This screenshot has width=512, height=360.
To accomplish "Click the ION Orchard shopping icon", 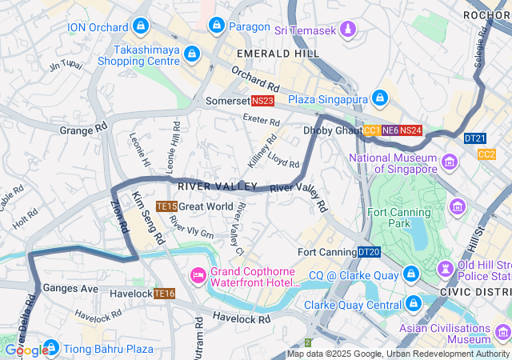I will coord(141,26).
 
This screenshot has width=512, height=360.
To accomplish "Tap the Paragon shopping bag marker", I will coord(215,26).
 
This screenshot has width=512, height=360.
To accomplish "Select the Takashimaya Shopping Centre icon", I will coord(191,54).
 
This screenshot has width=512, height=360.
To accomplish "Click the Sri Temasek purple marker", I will coord(346,30).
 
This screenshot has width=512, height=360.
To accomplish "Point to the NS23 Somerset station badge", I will coord(262,101).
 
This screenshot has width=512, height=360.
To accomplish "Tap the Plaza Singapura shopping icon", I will coord(380,98).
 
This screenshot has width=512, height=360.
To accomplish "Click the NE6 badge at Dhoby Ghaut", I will coord(390,130).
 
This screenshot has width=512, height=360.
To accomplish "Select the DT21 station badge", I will coord(474,138).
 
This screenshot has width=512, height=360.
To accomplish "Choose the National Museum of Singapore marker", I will coord(450,162).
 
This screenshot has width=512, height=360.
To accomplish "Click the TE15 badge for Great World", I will coord(166,206).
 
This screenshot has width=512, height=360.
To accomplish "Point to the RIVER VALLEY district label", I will coord(206,186).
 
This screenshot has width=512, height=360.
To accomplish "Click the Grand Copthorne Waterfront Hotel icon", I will coord(198,275).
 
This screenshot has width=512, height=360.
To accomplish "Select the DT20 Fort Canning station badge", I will coord(369,252).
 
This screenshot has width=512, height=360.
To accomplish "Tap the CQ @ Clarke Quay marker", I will coord(410,274).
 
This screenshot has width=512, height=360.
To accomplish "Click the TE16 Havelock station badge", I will coord(164,294).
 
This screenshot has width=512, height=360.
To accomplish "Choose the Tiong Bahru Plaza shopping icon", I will coord(50,348).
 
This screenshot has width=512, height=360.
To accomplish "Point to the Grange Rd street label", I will coord(83,129).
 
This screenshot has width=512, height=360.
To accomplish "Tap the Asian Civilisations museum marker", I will coord(502,330).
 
